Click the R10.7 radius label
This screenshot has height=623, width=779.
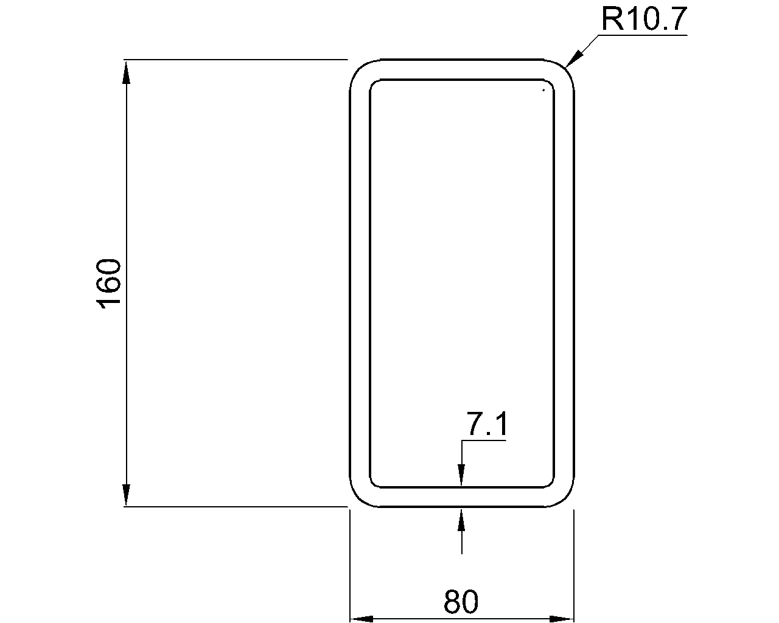coord(644,19)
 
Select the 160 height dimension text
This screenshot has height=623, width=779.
coord(110,284)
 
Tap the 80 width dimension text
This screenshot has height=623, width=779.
coord(461,602)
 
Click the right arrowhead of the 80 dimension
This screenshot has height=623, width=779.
coord(562,619)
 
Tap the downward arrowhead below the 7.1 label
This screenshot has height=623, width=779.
coord(461,475)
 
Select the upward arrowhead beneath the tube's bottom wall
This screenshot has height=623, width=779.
coord(461,520)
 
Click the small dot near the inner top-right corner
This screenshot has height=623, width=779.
coord(543,91)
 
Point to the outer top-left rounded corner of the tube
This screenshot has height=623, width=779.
coord(358,69)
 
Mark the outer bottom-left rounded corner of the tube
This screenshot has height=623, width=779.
coord(358,497)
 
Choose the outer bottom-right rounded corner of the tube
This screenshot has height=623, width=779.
coord(565,497)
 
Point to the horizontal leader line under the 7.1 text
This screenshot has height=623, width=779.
coord(484,441)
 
